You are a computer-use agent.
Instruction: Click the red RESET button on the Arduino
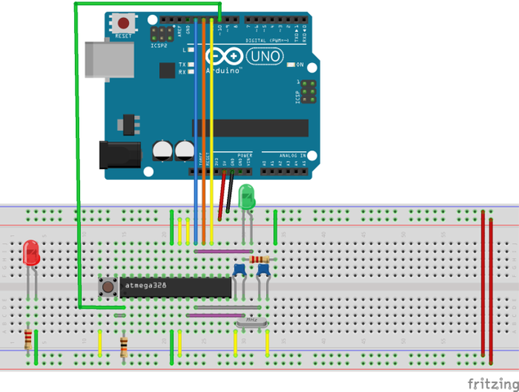(x=124, y=24)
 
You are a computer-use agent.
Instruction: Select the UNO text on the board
(x=264, y=56)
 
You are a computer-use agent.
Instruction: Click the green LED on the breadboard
(x=247, y=197)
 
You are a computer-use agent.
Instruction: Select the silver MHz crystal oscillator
(x=252, y=323)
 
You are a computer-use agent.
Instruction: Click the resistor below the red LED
(x=29, y=338)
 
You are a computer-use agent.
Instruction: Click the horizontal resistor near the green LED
(x=261, y=260)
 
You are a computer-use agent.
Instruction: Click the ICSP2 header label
(x=158, y=46)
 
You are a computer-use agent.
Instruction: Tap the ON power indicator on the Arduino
(x=299, y=65)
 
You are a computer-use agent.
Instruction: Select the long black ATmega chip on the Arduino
(x=251, y=127)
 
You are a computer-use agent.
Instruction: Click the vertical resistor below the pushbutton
(x=124, y=346)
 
